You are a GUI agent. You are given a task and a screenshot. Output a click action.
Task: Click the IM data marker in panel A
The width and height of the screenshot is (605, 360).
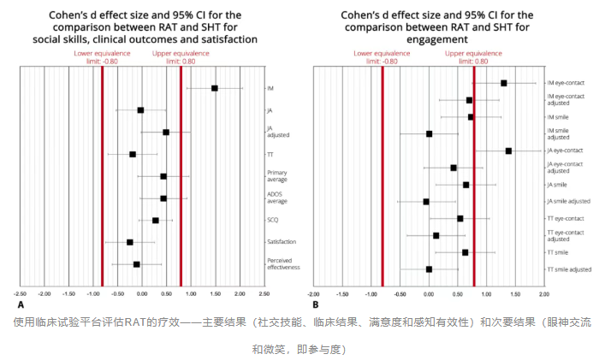point(215,88)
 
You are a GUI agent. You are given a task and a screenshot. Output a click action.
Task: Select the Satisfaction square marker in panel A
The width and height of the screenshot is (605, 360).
point(130,242)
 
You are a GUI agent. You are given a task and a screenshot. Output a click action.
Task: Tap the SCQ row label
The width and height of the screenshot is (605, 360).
point(271,220)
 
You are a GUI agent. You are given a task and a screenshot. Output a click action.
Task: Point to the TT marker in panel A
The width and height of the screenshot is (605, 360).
point(133,154)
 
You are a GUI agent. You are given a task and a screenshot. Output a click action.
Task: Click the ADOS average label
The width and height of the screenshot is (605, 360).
point(276,198)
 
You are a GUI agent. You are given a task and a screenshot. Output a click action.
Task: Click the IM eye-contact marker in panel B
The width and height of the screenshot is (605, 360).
point(504,83)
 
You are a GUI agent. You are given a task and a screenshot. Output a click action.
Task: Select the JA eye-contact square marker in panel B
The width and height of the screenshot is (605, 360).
point(508,150)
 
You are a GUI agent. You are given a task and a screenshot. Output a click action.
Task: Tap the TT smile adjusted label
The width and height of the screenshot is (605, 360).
point(569,269)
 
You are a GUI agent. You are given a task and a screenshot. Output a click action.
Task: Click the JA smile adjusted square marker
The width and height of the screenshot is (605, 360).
point(426,202)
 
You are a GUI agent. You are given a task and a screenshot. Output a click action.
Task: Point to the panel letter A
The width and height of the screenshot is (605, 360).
point(21,304)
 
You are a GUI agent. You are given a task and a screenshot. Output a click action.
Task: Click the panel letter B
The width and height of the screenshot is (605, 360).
point(315,304)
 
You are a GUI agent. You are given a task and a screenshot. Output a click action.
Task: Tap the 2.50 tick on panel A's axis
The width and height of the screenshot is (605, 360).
point(263,293)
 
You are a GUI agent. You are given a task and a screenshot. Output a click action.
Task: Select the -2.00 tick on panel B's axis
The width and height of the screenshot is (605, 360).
point(314,293)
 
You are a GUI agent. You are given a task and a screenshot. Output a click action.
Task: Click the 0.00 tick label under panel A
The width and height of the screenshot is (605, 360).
point(142,293)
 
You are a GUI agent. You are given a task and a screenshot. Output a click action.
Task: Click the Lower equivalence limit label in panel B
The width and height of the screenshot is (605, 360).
point(374,57)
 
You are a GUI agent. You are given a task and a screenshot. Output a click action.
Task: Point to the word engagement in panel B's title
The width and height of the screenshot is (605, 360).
point(427,39)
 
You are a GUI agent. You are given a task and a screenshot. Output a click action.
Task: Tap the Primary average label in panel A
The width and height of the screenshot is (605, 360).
point(276,175)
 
